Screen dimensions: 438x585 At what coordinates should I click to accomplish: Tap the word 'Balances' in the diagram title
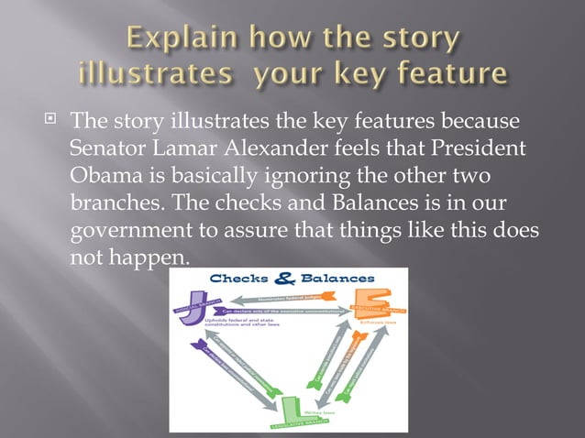336,278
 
